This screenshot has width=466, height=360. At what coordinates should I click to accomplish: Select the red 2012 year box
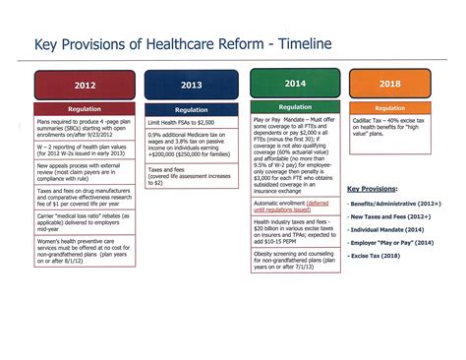pos(85,85)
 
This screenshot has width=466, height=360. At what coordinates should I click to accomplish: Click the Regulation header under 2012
pos(85,108)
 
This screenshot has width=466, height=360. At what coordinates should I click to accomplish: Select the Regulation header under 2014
pos(295,105)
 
